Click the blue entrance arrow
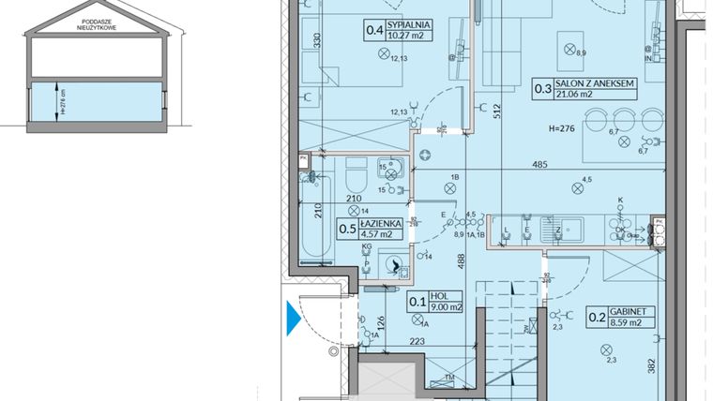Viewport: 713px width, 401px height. pyautogui.click(x=293, y=319)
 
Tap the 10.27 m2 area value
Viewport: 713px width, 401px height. pyautogui.click(x=407, y=36)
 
